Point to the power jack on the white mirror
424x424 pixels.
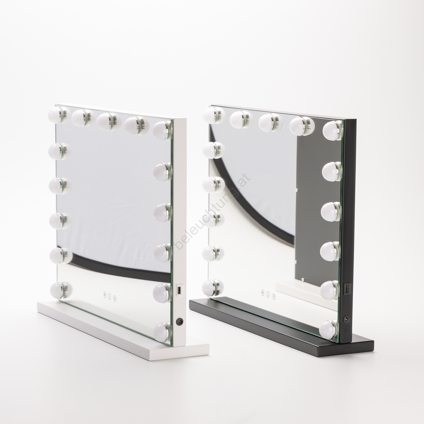click(x=179, y=321)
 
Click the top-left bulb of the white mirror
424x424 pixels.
click(x=59, y=114)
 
